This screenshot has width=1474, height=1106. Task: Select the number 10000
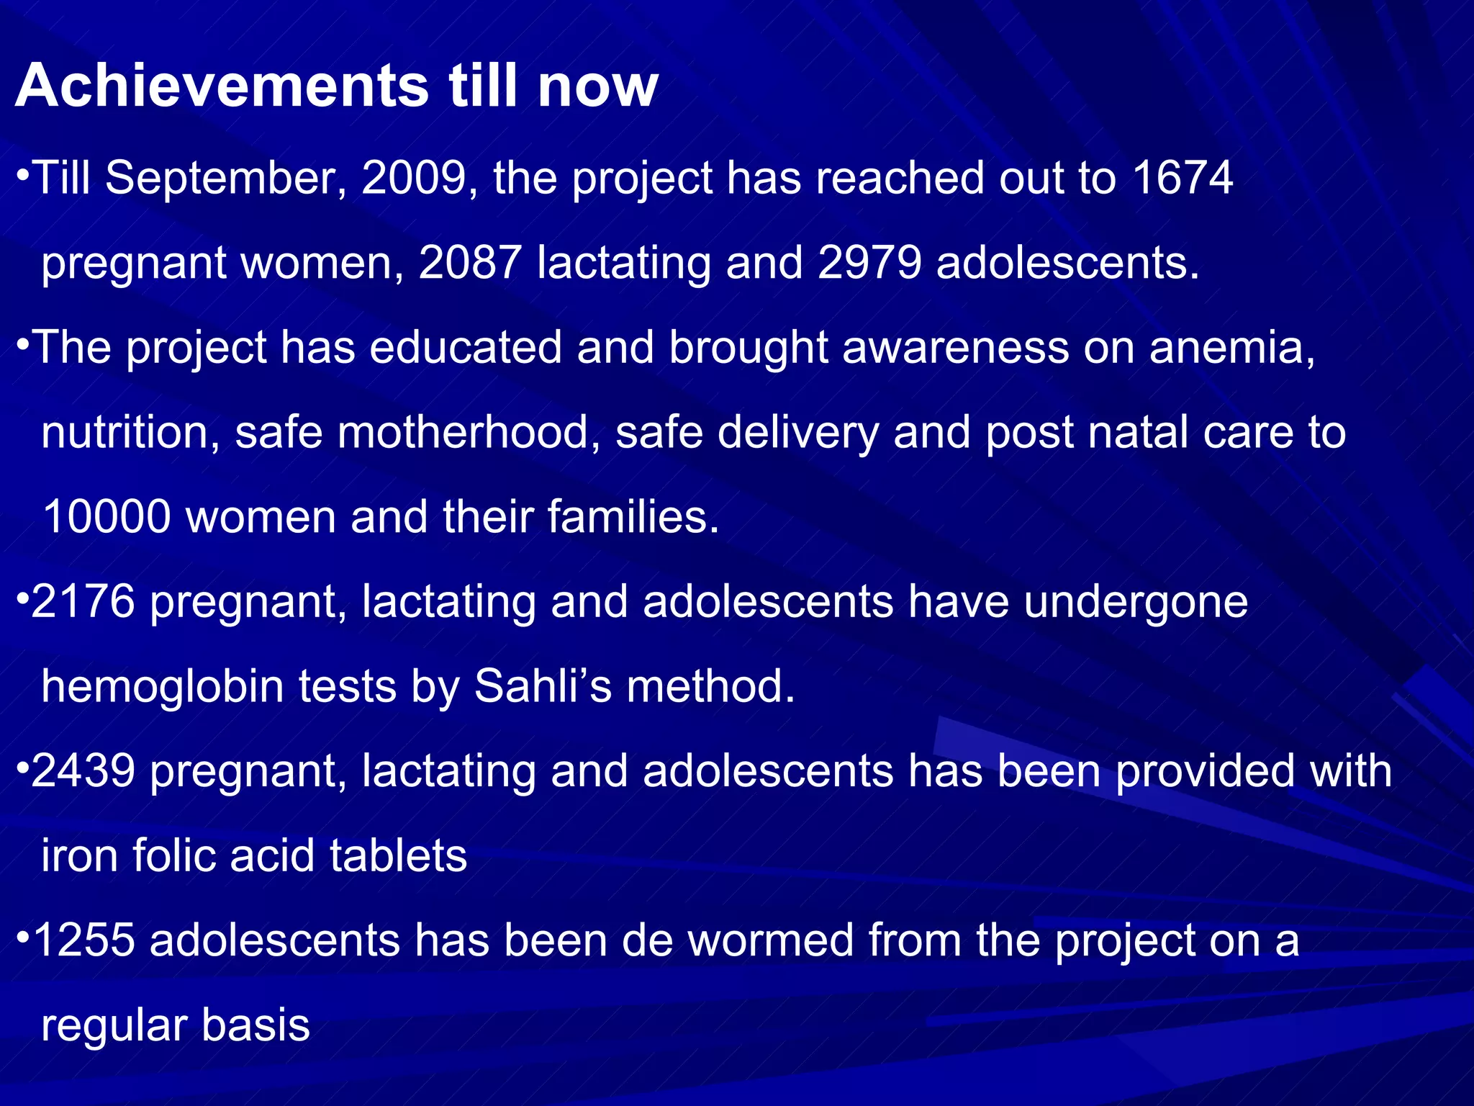click(x=107, y=517)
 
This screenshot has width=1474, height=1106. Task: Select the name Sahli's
click(x=543, y=686)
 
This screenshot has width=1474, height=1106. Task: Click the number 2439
click(x=83, y=771)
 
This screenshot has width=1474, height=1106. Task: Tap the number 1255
click(x=84, y=940)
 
